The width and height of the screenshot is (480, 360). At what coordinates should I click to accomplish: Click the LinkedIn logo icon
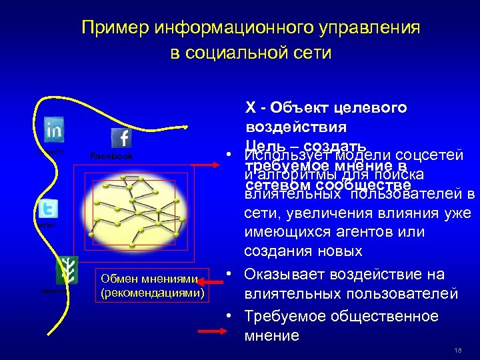coord(54,129)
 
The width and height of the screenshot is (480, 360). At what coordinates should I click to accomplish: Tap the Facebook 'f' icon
coord(121,139)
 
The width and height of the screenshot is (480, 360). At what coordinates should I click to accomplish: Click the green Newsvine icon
coord(67,269)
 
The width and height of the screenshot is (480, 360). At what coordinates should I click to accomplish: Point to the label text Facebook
coord(111,156)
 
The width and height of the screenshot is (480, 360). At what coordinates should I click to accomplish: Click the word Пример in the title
coord(114,28)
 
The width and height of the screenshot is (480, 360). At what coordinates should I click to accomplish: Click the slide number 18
coord(457,351)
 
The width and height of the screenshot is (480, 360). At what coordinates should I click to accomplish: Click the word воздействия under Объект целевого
coord(287,127)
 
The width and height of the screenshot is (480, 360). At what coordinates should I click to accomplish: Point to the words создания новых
coord(303,251)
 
